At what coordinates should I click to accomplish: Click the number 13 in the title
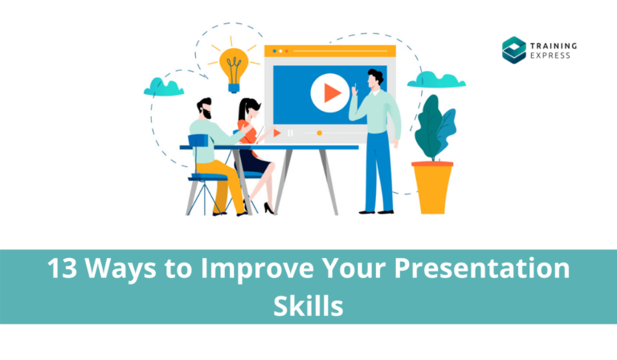[x=62, y=269]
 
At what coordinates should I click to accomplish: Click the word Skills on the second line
[x=308, y=306]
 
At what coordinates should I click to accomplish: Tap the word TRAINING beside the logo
[x=554, y=44]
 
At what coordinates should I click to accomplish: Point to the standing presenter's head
[x=374, y=79]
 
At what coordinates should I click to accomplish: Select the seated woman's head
[x=248, y=108]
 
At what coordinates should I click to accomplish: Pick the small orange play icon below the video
[x=277, y=133]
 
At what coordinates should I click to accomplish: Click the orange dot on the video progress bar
[x=319, y=133]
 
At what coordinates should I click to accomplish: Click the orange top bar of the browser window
[x=329, y=51]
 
